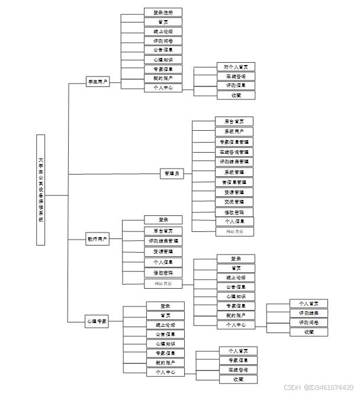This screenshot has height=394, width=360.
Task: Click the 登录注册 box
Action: [163, 12]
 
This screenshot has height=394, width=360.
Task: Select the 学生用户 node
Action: [98, 82]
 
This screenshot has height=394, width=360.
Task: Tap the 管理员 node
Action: [172, 174]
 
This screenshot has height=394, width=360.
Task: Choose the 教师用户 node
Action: [98, 240]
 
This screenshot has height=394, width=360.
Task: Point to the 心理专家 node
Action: [97, 322]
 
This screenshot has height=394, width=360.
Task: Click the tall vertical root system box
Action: [40, 189]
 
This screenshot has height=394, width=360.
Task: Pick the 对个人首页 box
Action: [236, 67]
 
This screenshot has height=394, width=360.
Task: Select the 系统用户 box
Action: [234, 131]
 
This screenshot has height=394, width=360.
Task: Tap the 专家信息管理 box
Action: [234, 142]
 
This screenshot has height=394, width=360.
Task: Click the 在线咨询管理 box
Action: [234, 152]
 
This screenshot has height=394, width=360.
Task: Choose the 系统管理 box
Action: [234, 172]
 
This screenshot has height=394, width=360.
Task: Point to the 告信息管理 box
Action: [234, 182]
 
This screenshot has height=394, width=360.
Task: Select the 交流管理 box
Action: [234, 202]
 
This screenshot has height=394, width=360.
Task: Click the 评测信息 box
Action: [236, 85]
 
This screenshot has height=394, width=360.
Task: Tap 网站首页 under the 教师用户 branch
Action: [163, 283]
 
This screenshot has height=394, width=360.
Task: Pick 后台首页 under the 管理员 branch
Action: [234, 121]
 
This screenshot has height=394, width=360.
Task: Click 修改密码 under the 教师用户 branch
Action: [163, 273]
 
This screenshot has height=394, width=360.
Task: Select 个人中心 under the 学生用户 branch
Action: [163, 88]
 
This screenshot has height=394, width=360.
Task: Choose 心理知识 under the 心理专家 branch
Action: [165, 344]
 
